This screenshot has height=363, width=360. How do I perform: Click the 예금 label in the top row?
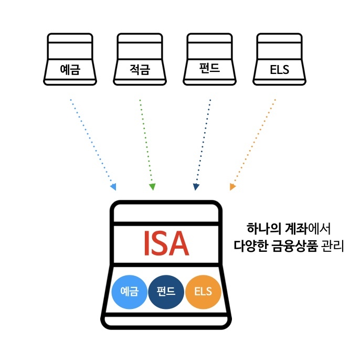point(70,69)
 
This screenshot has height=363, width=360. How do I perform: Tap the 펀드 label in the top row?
point(209,68)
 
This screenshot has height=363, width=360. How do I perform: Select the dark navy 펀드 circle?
point(166,292)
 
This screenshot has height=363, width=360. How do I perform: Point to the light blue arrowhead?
point(113,187)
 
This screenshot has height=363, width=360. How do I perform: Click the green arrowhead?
point(152,187)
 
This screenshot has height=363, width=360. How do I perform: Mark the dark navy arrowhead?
point(196,187)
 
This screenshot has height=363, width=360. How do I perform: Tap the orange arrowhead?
point(232,186)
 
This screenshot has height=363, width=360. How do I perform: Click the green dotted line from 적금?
point(146,142)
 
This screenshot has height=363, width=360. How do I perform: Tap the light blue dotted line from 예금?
point(91,142)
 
